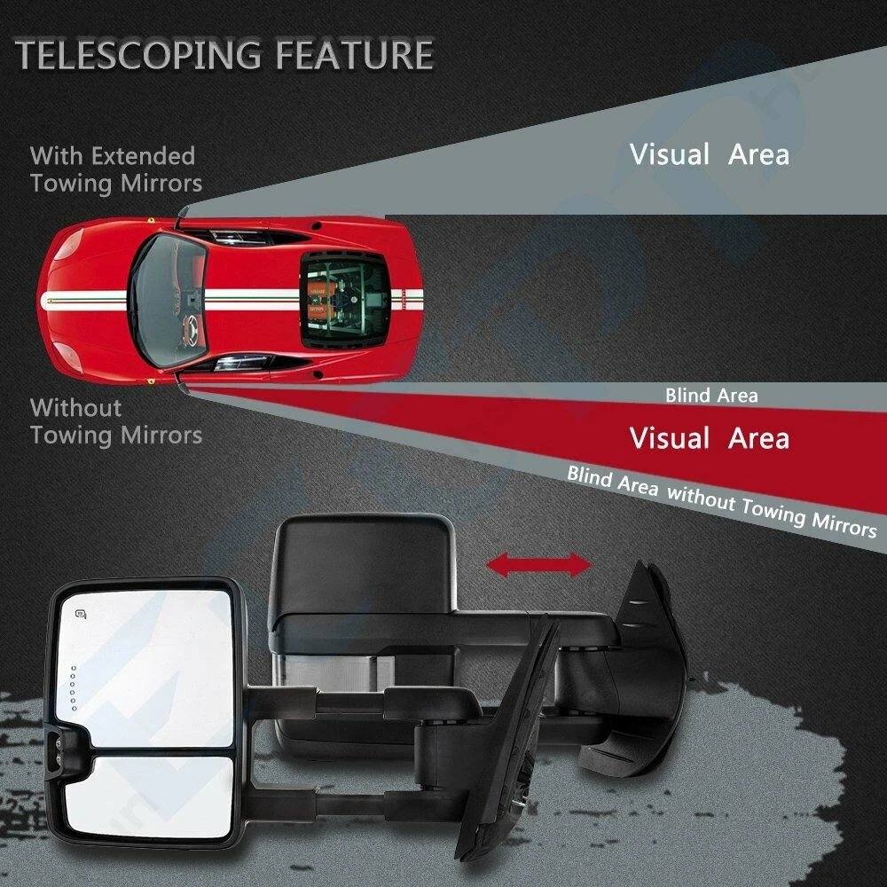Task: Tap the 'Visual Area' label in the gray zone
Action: [x=709, y=155]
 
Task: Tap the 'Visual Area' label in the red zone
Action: [x=709, y=438]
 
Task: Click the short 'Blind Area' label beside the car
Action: [x=711, y=396]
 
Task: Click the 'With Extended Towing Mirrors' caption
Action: [x=115, y=169]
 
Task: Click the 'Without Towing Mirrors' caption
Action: [x=115, y=421]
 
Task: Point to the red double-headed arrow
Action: [x=538, y=565]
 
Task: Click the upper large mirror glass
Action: [x=146, y=661]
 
